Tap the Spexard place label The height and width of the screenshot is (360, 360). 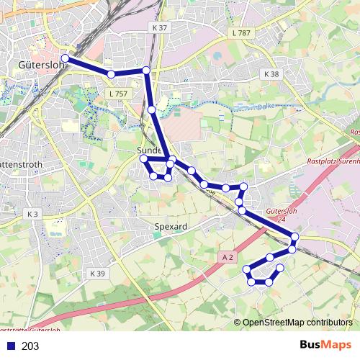click(x=171, y=227)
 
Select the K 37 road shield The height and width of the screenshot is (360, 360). click(x=159, y=27)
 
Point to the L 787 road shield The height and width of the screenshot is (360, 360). click(x=242, y=33)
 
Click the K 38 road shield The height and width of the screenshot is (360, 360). click(x=271, y=74)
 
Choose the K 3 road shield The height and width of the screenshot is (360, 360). click(x=32, y=214)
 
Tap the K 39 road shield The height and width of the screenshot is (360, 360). click(x=98, y=274)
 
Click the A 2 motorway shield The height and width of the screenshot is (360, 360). click(x=228, y=256)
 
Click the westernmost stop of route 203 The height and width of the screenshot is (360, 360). click(x=66, y=58)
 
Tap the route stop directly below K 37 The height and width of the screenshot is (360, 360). click(x=146, y=70)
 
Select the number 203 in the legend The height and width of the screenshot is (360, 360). click(x=30, y=346)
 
